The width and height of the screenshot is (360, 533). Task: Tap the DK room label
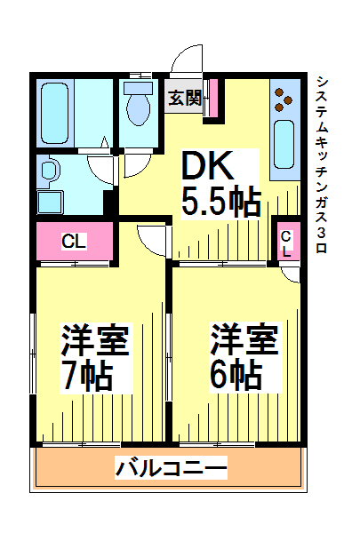pos(208,165)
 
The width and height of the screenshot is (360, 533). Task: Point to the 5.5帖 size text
pos(220,203)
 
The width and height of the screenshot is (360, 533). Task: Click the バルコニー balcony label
pos(172,468)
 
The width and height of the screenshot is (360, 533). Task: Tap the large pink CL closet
pos(75,241)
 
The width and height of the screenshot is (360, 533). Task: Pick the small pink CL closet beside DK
pos(289,241)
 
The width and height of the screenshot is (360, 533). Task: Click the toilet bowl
pos(139,103)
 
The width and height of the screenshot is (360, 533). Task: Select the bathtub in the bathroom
pos(55,113)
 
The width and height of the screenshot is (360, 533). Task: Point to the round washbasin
pos(50,170)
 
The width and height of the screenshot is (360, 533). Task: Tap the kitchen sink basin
pos(284,144)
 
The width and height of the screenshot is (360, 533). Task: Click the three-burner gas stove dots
pos(283,99)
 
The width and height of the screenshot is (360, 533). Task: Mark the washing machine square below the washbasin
pos(51,202)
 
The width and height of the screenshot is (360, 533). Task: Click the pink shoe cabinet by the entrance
pos(213,98)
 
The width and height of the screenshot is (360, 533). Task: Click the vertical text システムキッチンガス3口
pos(322,165)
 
